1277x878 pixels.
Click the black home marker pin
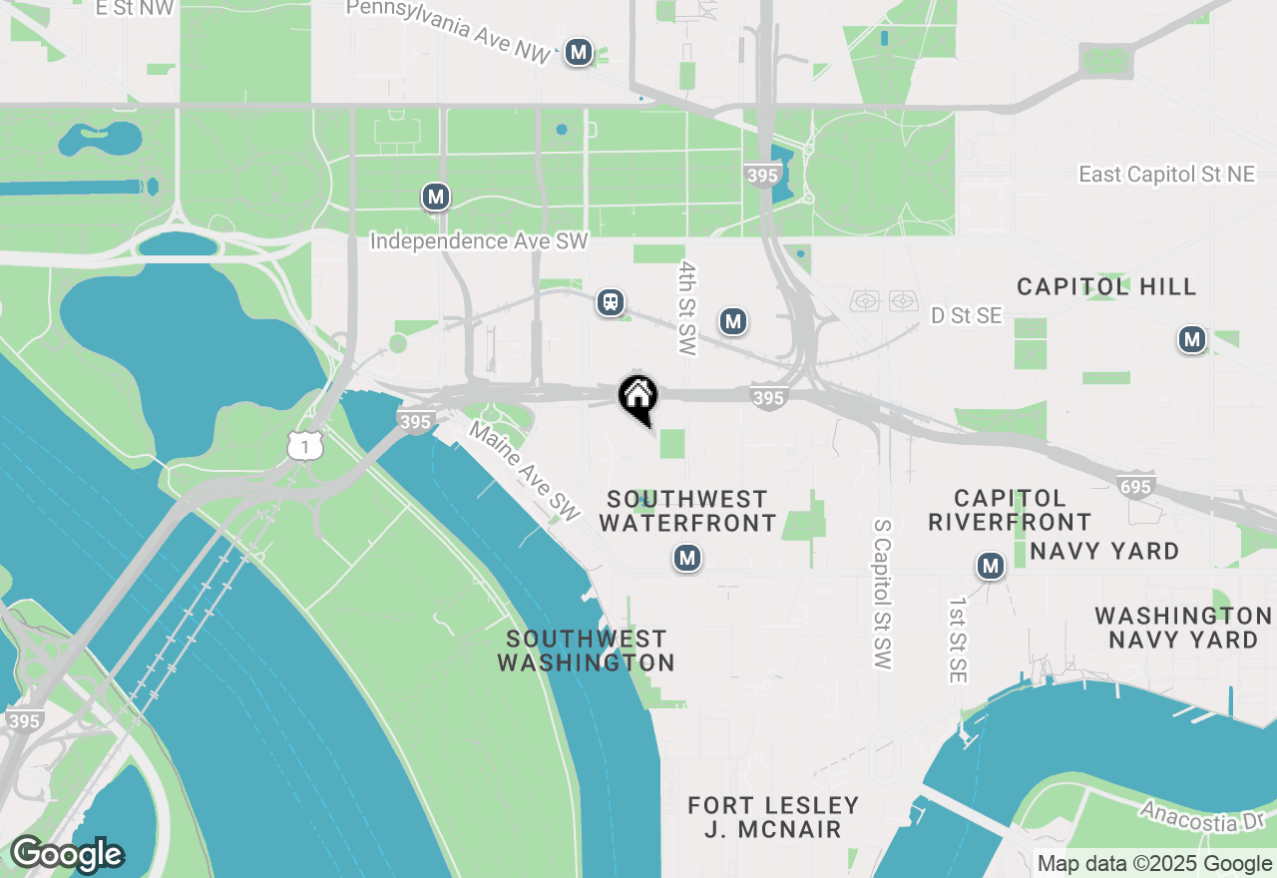(x=638, y=397)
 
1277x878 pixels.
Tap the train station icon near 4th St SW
(x=611, y=302)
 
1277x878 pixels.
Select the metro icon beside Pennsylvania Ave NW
(x=578, y=52)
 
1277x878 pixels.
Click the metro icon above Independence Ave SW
(x=435, y=197)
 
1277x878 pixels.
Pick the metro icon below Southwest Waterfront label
(x=686, y=558)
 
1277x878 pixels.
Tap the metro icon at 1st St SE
(x=990, y=567)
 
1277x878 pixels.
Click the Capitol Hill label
(x=1106, y=287)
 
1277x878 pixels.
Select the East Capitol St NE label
(x=1166, y=175)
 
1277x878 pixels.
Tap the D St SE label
(x=966, y=316)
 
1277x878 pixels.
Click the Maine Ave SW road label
(x=524, y=472)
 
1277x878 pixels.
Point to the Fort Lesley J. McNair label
(x=773, y=817)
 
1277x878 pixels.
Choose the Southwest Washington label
(x=586, y=651)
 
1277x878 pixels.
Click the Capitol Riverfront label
(x=1010, y=510)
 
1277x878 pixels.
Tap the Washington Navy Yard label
(x=1183, y=627)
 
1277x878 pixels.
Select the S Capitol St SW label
(x=881, y=594)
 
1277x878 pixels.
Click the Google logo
(x=67, y=854)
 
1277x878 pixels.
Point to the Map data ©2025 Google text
(x=1154, y=864)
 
